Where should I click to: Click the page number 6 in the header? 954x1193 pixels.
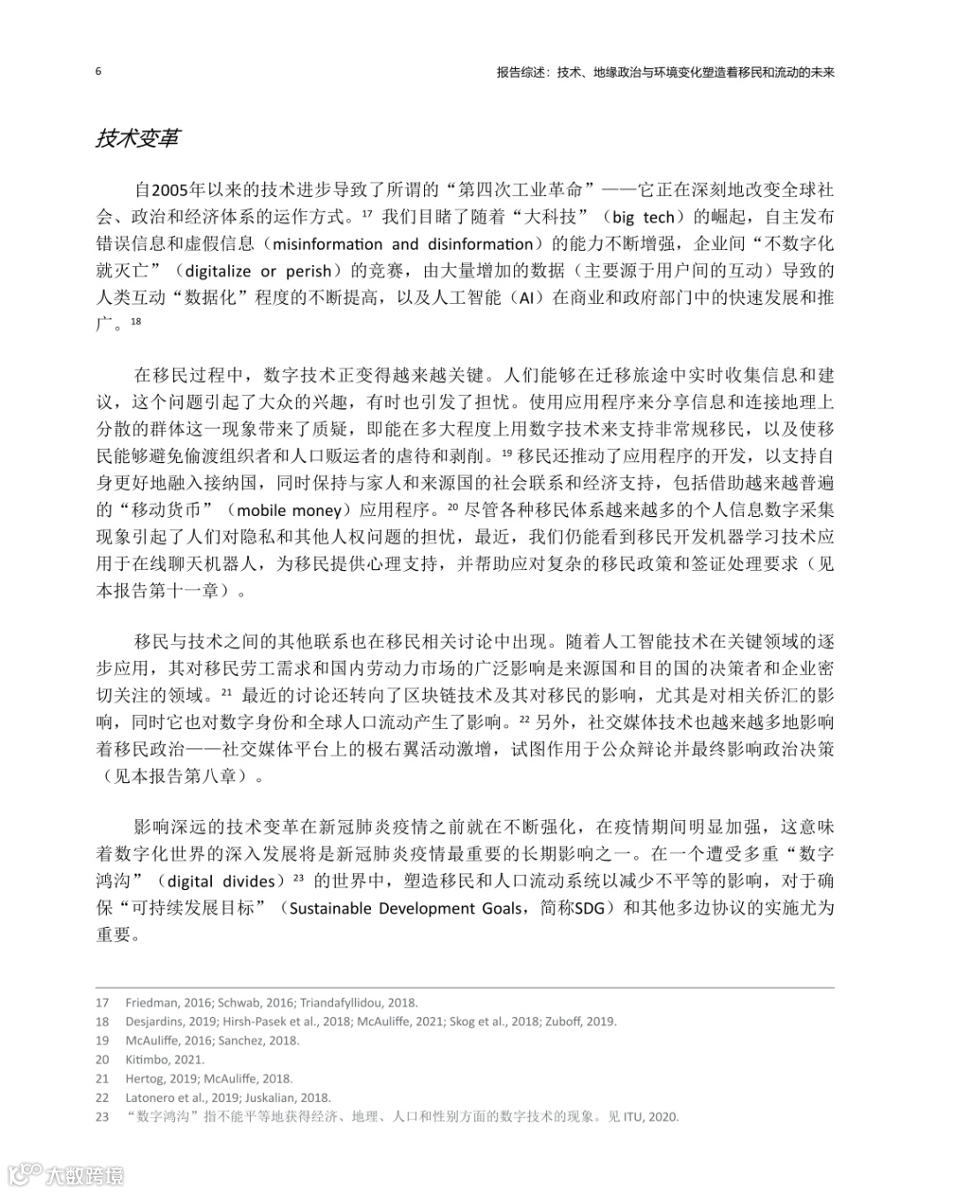click(x=98, y=72)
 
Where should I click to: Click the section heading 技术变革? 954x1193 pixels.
click(x=137, y=139)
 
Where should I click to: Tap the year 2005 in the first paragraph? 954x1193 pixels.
click(x=171, y=190)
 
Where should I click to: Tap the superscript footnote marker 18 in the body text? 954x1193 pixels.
click(x=135, y=321)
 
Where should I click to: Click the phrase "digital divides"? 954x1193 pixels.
click(x=221, y=882)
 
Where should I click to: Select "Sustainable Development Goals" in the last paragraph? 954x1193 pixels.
click(x=405, y=908)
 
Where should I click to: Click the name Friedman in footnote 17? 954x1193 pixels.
click(x=150, y=1003)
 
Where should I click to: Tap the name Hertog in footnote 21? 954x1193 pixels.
click(x=144, y=1079)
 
